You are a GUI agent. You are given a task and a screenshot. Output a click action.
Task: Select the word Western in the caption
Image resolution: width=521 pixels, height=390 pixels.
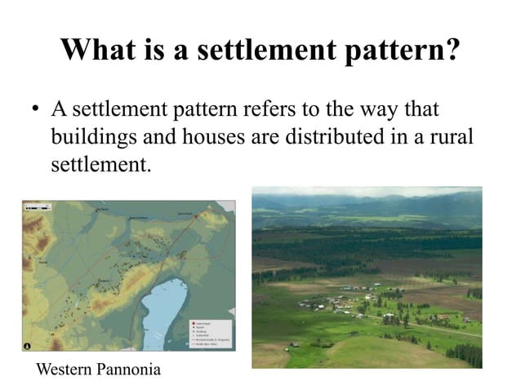(x=65, y=370)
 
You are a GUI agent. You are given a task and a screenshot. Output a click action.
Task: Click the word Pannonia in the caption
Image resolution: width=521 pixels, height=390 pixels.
(x=128, y=370)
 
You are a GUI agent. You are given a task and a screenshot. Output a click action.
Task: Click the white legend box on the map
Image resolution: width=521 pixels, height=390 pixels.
(x=209, y=330)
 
